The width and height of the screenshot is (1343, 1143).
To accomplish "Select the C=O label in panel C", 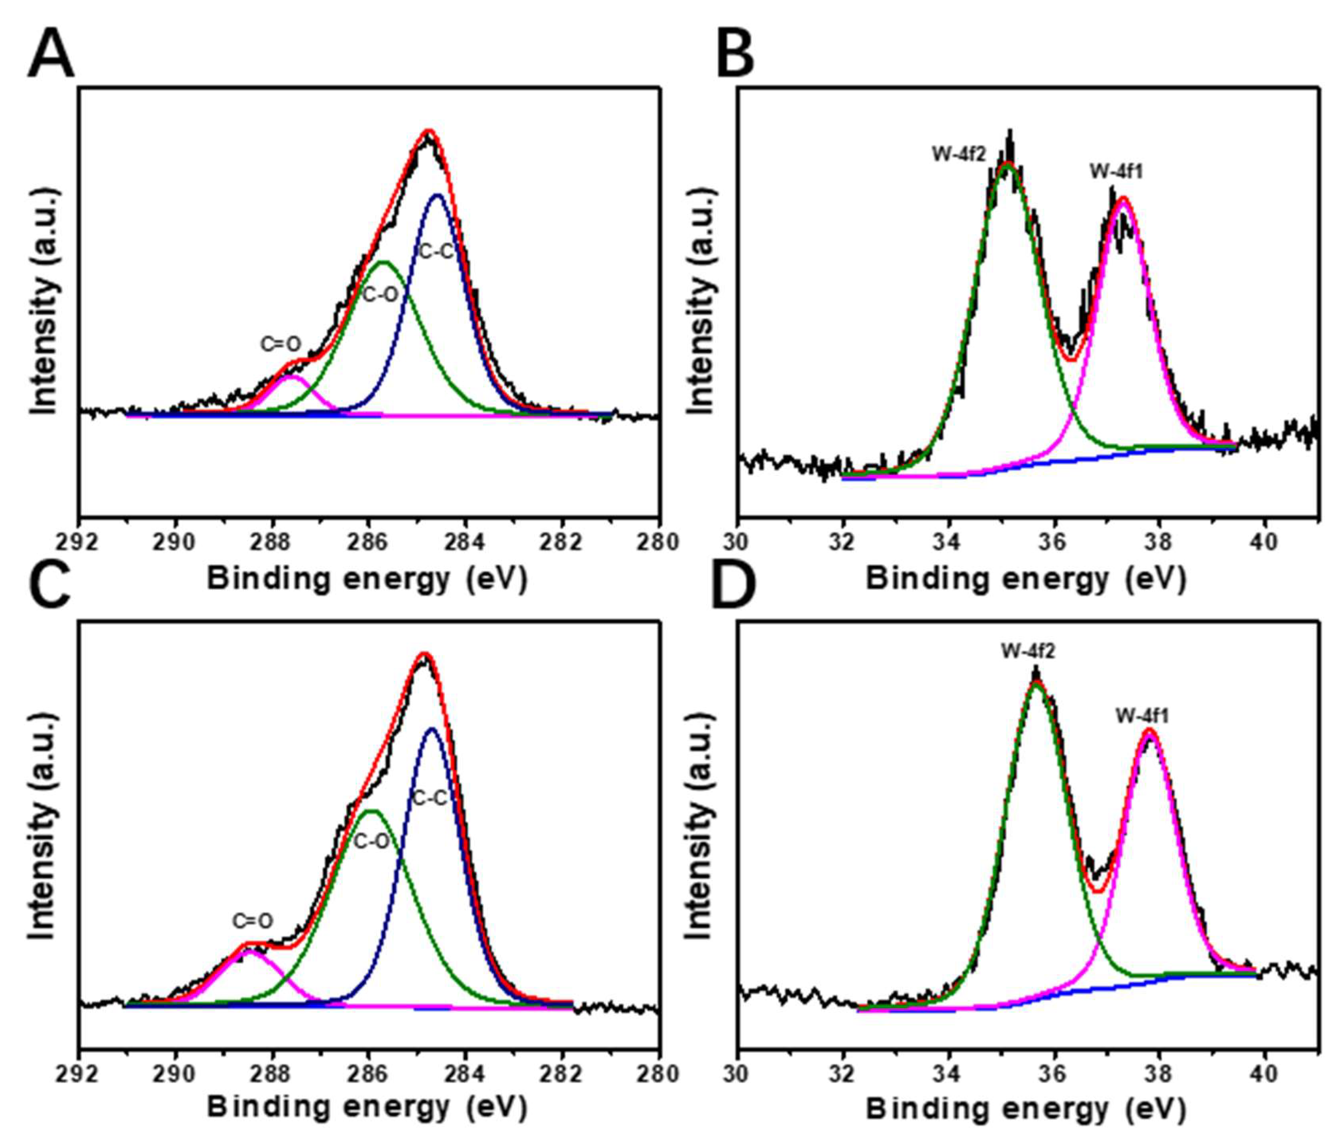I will tap(253, 921).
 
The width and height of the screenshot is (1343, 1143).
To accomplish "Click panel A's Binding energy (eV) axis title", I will tap(367, 579).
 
